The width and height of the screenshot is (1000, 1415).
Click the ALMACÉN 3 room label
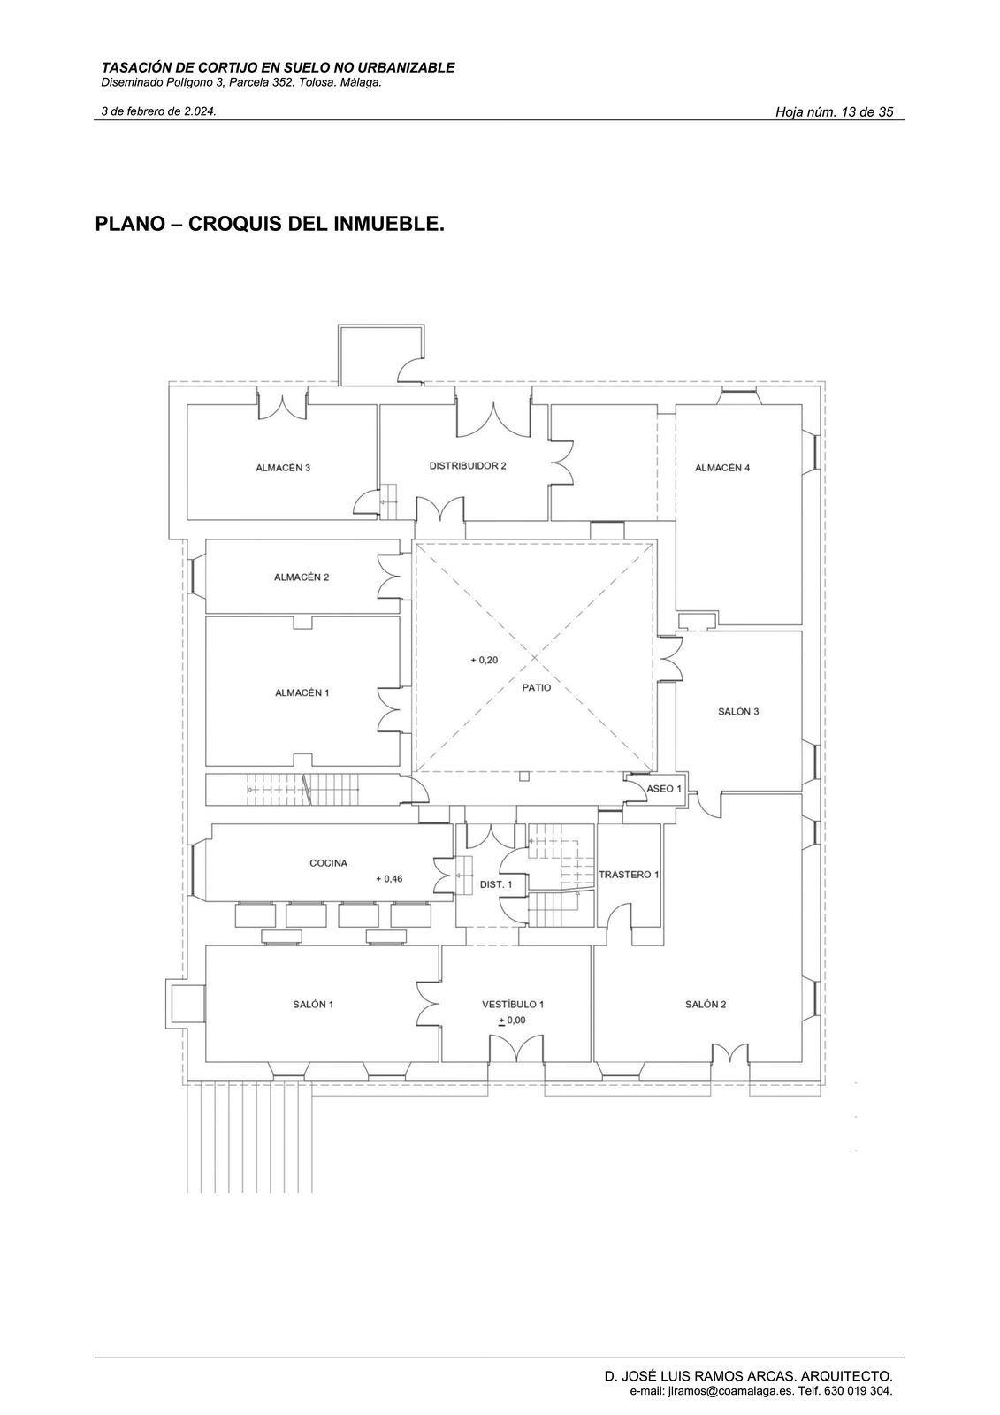(282, 468)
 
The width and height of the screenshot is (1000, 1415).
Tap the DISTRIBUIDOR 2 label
(468, 465)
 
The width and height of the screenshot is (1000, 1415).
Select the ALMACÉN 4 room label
(722, 468)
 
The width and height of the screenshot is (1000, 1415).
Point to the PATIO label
(537, 687)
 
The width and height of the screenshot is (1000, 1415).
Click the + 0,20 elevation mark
(484, 660)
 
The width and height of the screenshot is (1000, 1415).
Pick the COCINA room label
(329, 863)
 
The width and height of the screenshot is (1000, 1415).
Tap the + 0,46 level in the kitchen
(389, 879)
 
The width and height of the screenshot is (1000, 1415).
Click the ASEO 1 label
(664, 788)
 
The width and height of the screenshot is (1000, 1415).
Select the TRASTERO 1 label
(629, 875)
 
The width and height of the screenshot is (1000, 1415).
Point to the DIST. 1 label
(496, 884)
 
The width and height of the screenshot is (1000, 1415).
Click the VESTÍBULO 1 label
(512, 1005)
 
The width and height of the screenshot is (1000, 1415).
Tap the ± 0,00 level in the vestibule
(512, 1021)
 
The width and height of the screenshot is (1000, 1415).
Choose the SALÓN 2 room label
(706, 1005)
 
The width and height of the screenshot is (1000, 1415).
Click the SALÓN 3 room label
(737, 711)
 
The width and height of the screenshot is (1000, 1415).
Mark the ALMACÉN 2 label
(302, 577)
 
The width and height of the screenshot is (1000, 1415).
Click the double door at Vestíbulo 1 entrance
(516, 1048)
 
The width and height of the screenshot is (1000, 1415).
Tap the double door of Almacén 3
(282, 404)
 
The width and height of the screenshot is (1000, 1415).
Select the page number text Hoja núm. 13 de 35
(835, 112)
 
